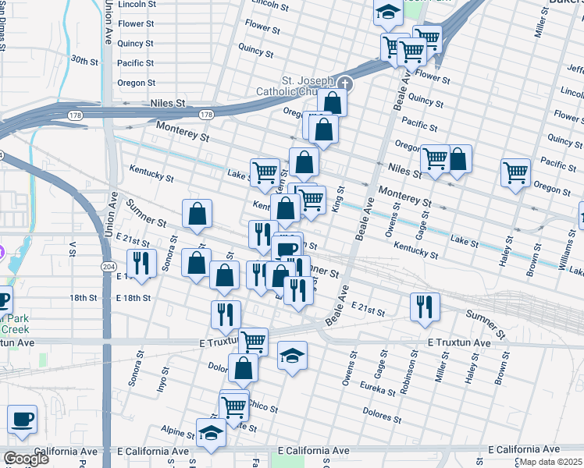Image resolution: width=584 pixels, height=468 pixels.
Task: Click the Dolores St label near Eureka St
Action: (382, 413)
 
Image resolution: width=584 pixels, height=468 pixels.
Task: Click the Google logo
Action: (26, 459)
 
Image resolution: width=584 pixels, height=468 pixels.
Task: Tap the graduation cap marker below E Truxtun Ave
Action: (292, 356)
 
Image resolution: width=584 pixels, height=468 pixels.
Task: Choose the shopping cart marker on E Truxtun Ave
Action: (253, 341)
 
